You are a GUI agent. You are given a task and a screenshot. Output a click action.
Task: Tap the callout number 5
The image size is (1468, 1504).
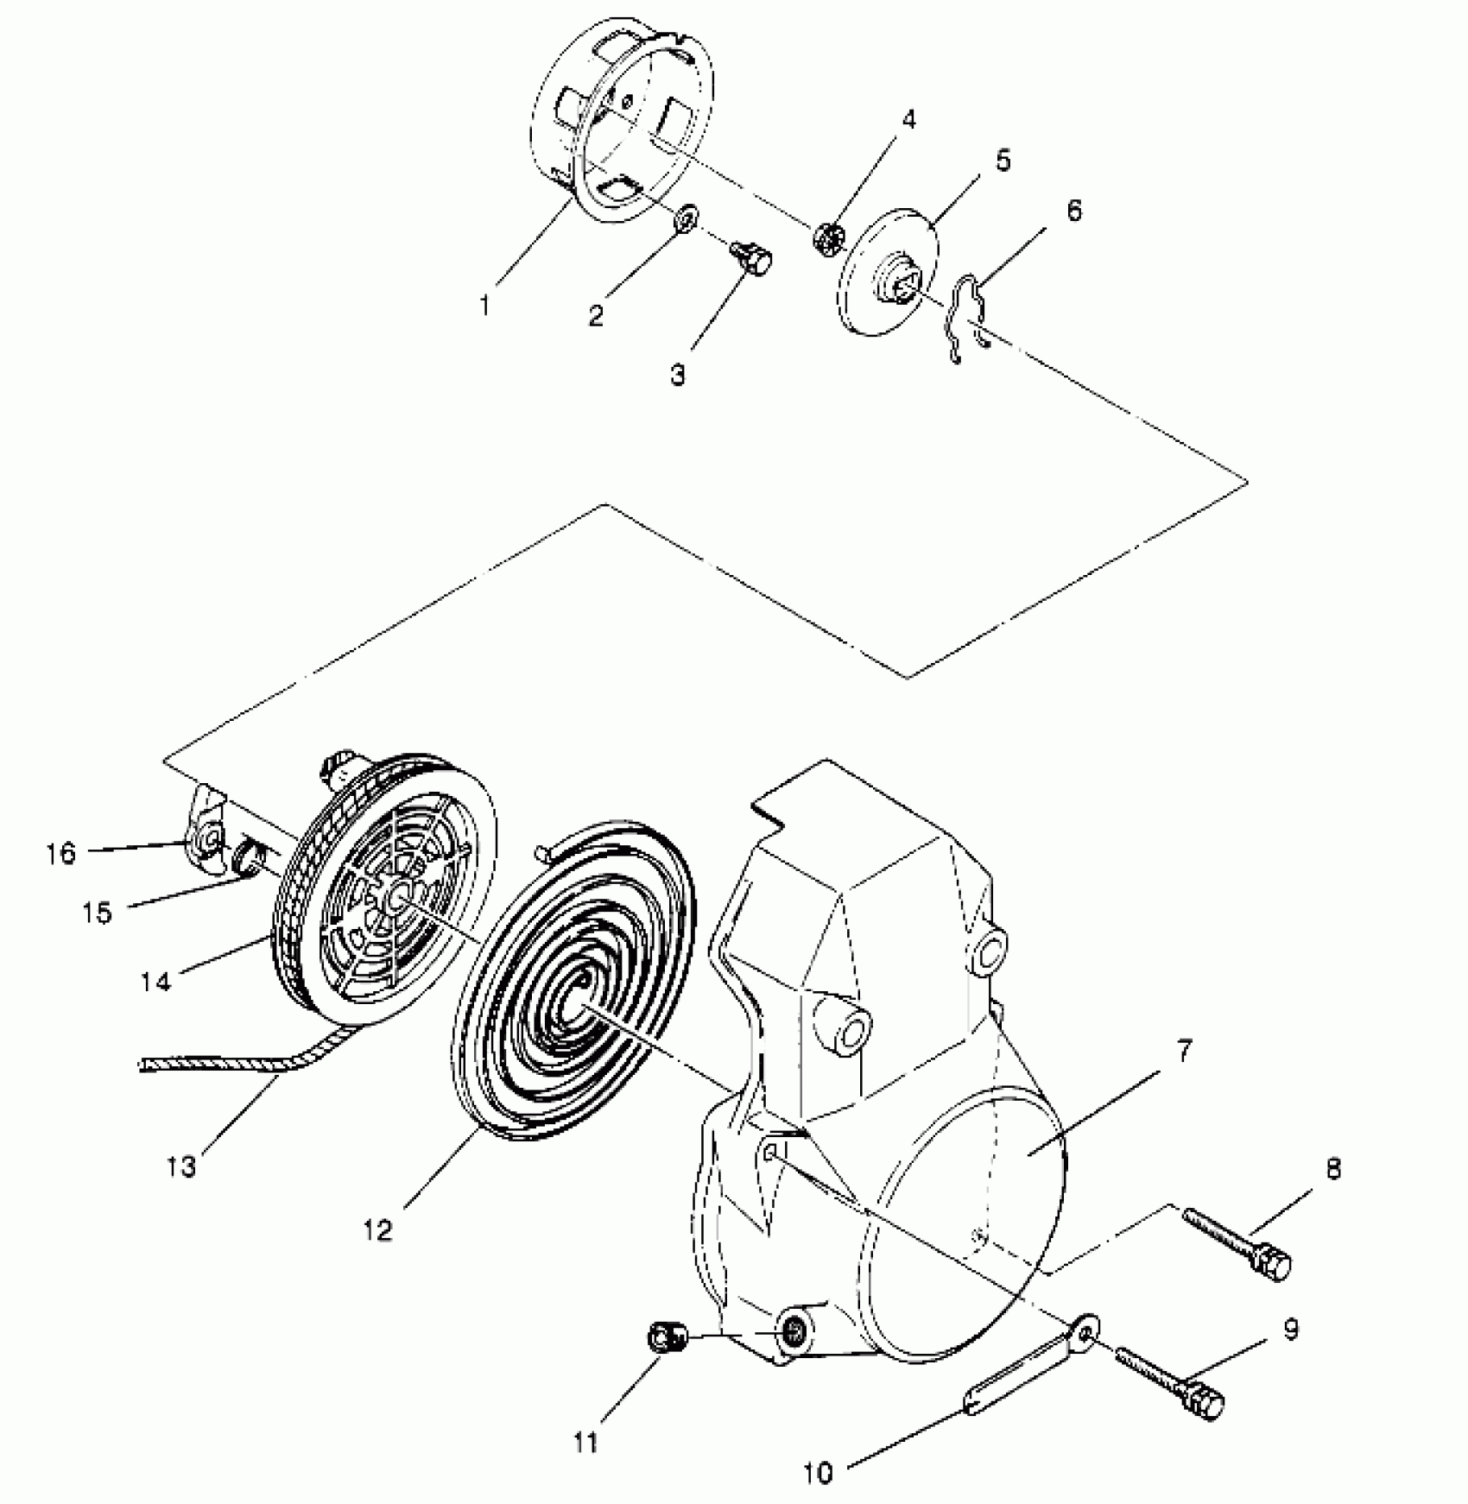[1002, 161]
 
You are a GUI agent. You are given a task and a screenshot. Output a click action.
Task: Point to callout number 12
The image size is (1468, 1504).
[378, 1229]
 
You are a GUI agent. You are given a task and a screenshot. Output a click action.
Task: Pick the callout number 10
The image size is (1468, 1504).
[819, 1473]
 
